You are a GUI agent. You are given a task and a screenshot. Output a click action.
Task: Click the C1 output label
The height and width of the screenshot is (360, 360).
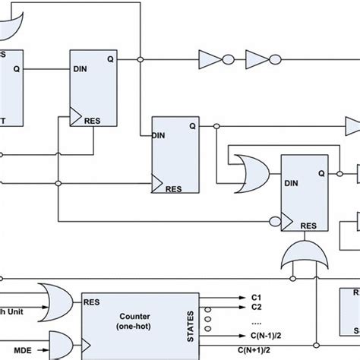click(x=256, y=298)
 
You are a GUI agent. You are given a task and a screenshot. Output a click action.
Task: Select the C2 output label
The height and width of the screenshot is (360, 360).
click(x=256, y=308)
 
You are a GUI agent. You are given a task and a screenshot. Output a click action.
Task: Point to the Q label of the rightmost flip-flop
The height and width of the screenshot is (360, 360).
click(x=321, y=172)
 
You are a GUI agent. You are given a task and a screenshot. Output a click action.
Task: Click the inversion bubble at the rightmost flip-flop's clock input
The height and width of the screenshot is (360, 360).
click(x=274, y=221)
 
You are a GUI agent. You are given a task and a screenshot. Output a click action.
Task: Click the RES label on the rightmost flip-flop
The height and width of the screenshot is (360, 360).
click(x=308, y=226)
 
